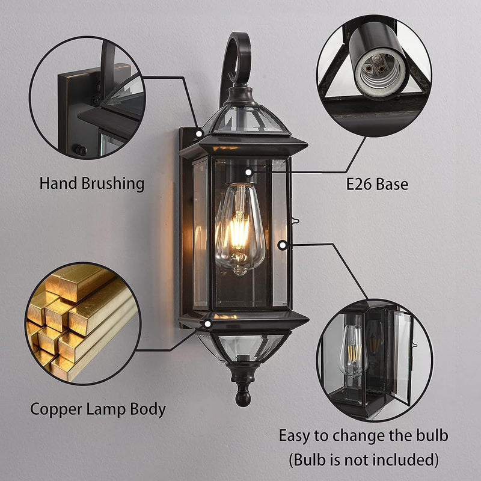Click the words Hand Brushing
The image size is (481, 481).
(92, 184)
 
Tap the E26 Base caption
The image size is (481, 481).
(377, 185)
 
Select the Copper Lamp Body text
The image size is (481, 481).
(98, 409)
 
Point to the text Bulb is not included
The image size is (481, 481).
(364, 460)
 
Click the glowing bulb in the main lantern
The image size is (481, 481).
(240, 228)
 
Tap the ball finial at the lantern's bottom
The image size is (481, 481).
(243, 399)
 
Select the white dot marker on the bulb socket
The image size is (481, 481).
(249, 173)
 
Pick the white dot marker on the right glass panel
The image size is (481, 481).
(283, 245)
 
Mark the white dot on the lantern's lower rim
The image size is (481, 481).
(207, 324)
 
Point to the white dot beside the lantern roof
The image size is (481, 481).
(199, 133)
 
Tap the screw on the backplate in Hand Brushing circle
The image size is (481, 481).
(81, 150)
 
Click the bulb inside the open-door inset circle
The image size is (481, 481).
(353, 350)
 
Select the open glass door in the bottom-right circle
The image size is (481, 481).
(399, 356)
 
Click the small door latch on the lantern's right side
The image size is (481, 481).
(295, 220)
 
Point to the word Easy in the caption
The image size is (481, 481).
(295, 436)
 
